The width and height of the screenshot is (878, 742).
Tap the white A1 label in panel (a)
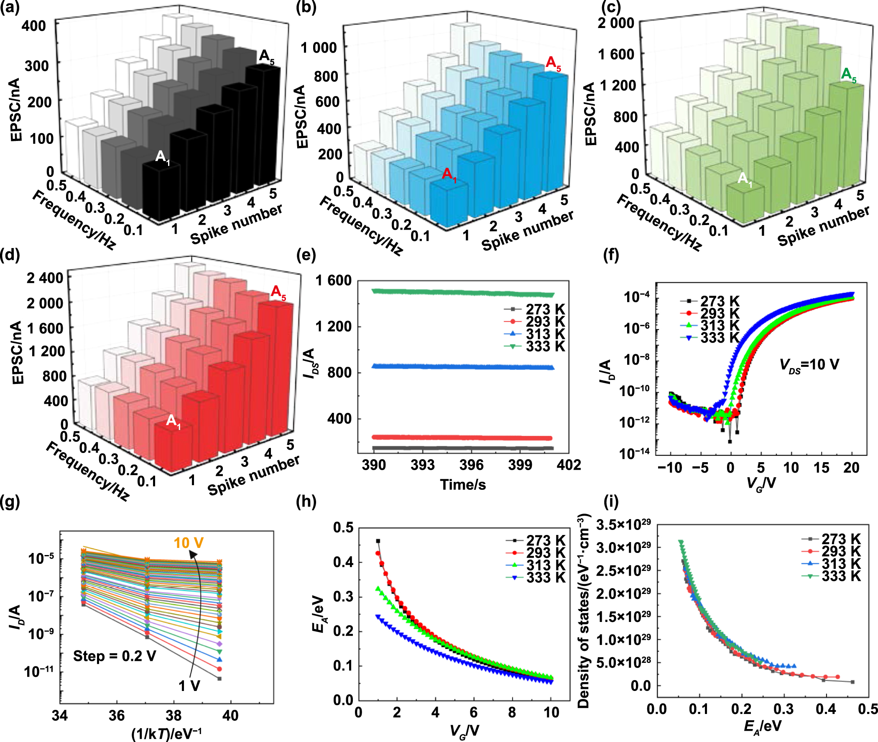click(162, 157)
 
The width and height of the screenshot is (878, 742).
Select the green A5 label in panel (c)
click(848, 75)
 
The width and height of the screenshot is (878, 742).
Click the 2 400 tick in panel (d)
click(45, 279)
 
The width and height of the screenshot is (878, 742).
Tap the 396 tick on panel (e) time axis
click(471, 465)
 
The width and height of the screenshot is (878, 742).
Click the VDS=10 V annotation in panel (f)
click(809, 364)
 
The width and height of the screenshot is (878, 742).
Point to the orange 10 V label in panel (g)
click(189, 543)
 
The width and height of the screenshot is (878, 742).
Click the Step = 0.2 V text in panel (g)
click(115, 656)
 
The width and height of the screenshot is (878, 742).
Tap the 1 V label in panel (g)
click(189, 686)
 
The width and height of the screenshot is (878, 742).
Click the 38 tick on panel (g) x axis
click(173, 716)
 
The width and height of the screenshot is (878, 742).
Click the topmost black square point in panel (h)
click(378, 541)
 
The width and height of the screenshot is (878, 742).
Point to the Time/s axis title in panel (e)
click(462, 485)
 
